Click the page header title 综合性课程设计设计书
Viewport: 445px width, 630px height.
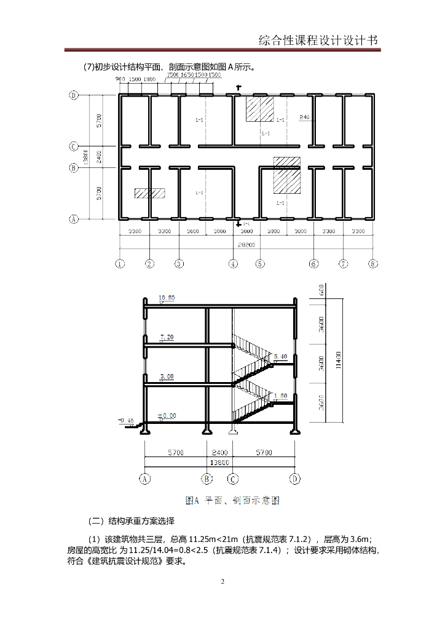coord(319,41)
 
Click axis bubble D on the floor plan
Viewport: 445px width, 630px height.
coord(74,95)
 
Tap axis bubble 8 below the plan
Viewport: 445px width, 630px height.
coord(372,263)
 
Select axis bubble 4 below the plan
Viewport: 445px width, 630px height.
coord(233,263)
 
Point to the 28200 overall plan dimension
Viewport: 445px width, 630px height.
coord(246,244)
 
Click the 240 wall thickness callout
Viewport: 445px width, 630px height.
coord(304,117)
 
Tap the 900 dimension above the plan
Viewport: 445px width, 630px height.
coord(120,80)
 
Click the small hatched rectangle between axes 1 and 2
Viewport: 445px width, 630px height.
coord(150,193)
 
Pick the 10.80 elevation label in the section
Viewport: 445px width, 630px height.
coord(167,298)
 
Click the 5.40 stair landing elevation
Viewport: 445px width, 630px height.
coord(280,357)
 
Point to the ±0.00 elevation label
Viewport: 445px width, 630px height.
coord(166,416)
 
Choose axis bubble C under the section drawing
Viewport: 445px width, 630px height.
coord(233,478)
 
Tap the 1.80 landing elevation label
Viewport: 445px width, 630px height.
coord(280,396)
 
